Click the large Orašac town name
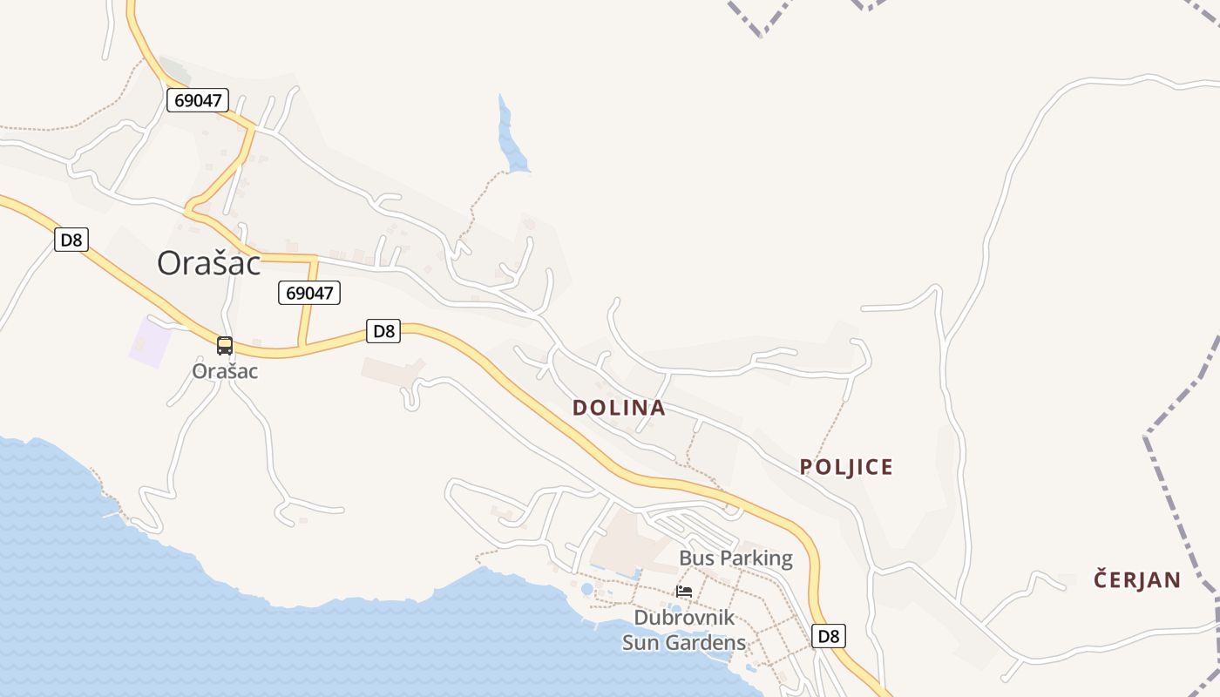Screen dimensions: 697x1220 [x=209, y=262]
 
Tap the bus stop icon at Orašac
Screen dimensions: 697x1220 [x=225, y=346]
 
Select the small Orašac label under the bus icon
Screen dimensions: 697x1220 [x=225, y=370]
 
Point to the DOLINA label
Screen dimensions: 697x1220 [x=619, y=408]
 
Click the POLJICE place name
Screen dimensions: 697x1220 [x=846, y=467]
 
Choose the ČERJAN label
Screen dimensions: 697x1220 [x=1137, y=580]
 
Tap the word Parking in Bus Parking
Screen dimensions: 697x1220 [x=754, y=558]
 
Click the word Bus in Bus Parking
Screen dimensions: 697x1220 [x=695, y=558]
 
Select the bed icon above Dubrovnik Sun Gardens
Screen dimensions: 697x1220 [x=684, y=591]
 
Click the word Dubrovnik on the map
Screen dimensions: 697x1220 [x=684, y=618]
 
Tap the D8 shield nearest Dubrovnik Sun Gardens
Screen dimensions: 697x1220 [x=828, y=636]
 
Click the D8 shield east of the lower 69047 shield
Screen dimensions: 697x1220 [x=383, y=331]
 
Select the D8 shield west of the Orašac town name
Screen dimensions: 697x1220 [x=71, y=240]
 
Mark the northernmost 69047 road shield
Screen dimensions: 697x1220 [x=198, y=100]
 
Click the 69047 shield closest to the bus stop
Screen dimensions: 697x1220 [x=309, y=293]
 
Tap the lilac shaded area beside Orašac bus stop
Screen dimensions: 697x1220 [x=149, y=341]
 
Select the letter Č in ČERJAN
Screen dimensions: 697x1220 [x=1101, y=579]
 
